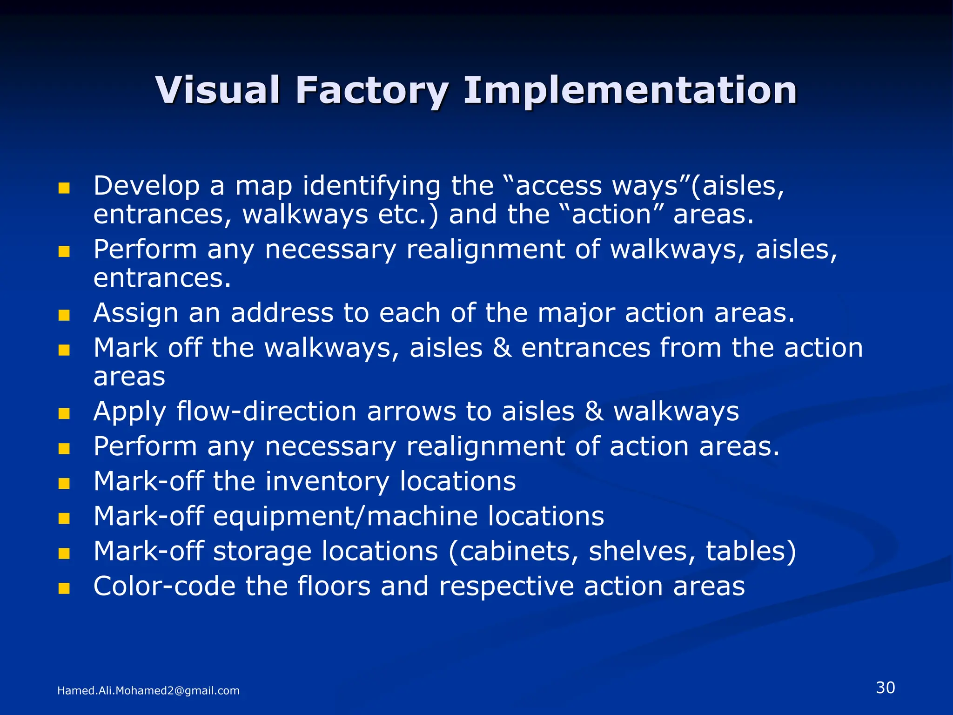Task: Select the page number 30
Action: coord(885,688)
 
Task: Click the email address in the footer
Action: coord(148,691)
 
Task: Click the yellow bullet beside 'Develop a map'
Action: coord(64,188)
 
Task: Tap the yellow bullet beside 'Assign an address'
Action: coord(64,316)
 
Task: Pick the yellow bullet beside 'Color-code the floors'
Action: coord(64,588)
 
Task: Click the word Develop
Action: coord(146,186)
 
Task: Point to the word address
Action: coord(282,313)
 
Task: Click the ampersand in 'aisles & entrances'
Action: coord(502,348)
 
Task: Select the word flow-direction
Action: coord(266,411)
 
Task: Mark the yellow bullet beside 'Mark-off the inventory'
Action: coord(64,484)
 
